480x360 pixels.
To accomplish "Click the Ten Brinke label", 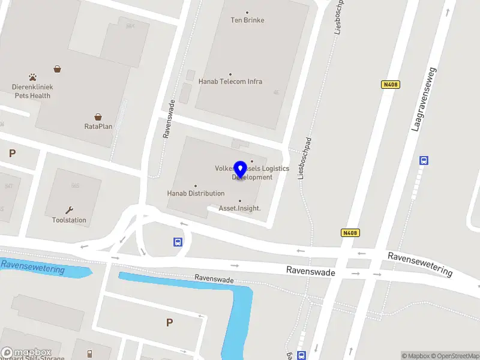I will pyautogui.click(x=247, y=20).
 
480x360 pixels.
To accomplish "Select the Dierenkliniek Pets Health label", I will pyautogui.click(x=32, y=91).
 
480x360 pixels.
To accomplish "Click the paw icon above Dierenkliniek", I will pyautogui.click(x=32, y=77).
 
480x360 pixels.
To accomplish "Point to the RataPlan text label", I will pyautogui.click(x=98, y=127).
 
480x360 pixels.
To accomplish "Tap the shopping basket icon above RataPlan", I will pyautogui.click(x=98, y=117).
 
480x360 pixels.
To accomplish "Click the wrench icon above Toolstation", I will pyautogui.click(x=69, y=210).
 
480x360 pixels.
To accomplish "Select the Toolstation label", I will pyautogui.click(x=69, y=220).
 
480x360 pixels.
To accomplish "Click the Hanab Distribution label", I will pyautogui.click(x=196, y=193).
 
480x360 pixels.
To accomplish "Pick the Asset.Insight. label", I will pyautogui.click(x=239, y=208).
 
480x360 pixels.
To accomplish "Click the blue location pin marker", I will pyautogui.click(x=240, y=170).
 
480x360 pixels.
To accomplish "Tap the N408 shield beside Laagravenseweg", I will pyautogui.click(x=390, y=85).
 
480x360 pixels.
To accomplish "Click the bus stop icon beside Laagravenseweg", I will pyautogui.click(x=424, y=160).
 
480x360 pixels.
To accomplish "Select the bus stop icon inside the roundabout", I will pyautogui.click(x=178, y=242).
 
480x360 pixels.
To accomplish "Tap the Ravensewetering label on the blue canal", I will pyautogui.click(x=33, y=267).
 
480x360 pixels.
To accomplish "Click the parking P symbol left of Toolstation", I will pyautogui.click(x=12, y=153).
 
